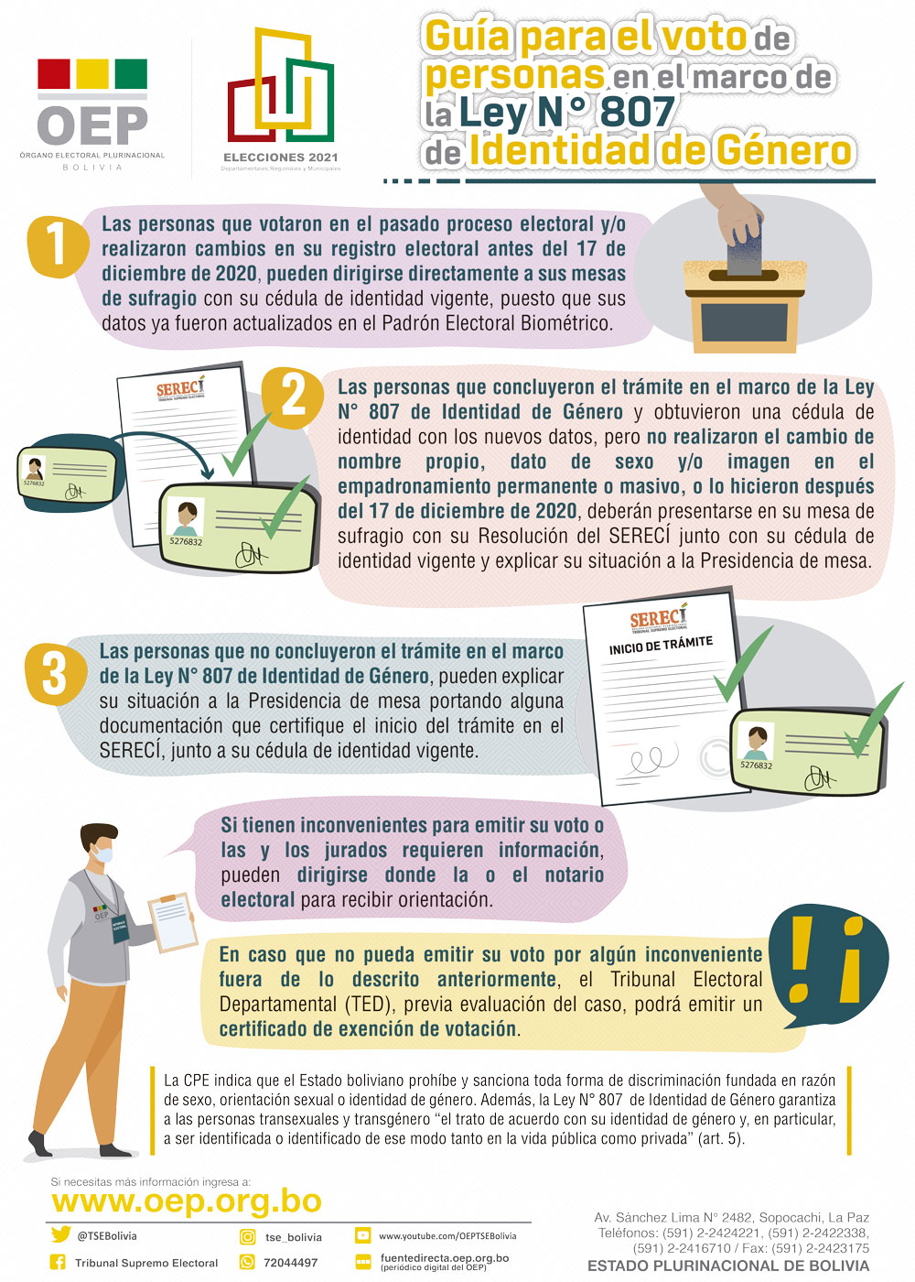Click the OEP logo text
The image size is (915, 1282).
[x=91, y=125]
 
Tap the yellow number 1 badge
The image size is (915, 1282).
[x=57, y=245]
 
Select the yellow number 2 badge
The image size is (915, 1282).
[x=293, y=397]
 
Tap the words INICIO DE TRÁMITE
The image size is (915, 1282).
[x=661, y=644]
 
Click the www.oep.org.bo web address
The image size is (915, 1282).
[x=187, y=1201]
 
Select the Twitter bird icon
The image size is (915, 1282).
[x=60, y=1235]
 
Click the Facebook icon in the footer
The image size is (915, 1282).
[x=58, y=1262]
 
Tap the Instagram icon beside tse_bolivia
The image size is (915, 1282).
[x=247, y=1236]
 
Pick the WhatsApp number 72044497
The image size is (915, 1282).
[x=291, y=1262]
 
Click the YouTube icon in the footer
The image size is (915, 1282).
[x=362, y=1235]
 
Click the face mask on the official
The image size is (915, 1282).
[x=105, y=854]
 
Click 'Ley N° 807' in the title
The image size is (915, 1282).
[x=565, y=113]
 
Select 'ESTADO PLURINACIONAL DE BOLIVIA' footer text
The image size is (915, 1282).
[x=727, y=1266]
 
